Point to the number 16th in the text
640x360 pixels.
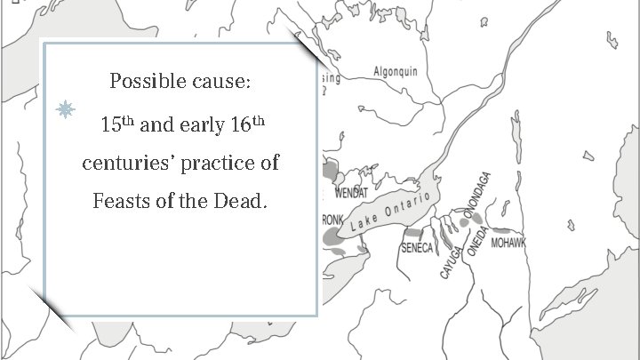(245, 124)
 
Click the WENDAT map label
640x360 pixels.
(351, 193)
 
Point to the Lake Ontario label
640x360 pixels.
(390, 211)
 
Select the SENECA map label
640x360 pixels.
(417, 248)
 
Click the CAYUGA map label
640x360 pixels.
(452, 260)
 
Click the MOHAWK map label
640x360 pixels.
(509, 243)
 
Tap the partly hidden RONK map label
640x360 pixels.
(332, 219)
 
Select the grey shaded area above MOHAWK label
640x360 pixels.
(510, 229)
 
